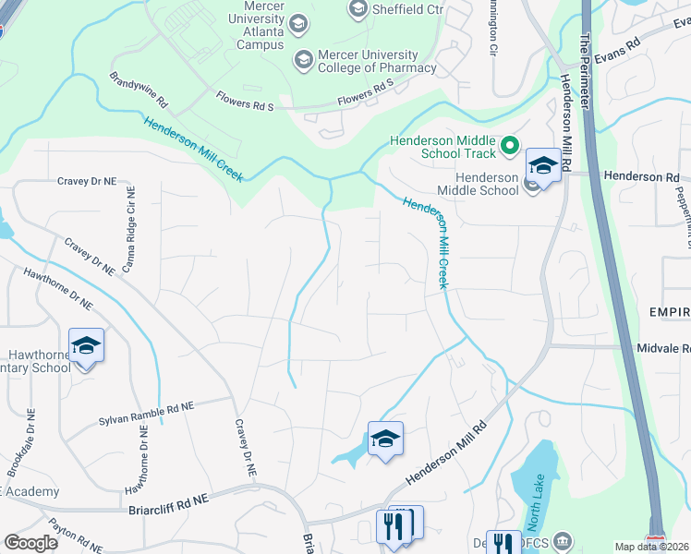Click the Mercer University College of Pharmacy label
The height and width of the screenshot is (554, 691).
click(377, 60)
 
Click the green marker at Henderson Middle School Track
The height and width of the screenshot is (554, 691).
click(508, 146)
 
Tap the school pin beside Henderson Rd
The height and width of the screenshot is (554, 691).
click(543, 165)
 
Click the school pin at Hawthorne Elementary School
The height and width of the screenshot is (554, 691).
click(87, 345)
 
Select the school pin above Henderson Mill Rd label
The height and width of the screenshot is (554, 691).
click(385, 439)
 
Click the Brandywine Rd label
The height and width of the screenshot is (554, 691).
click(138, 89)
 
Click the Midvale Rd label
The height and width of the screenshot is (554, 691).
click(663, 348)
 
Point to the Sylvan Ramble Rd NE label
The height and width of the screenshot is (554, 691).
click(146, 414)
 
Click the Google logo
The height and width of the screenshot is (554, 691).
click(31, 542)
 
